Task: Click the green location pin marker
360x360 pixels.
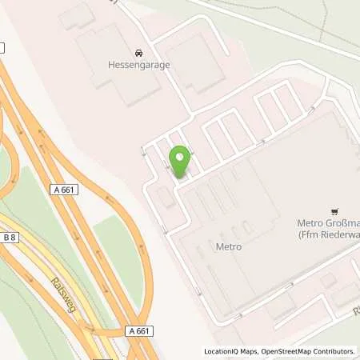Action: coord(180,162)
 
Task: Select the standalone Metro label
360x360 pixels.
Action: coord(228,247)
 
